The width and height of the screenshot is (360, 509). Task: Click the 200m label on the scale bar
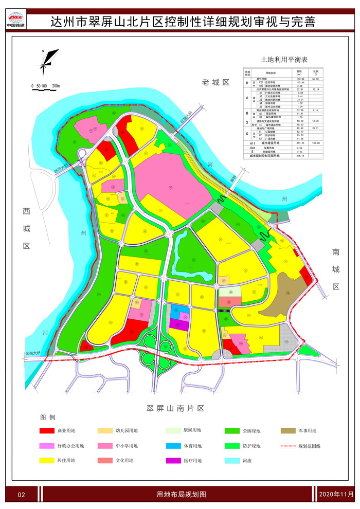[x=55, y=86]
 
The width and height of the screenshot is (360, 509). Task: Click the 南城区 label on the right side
[x=336, y=268]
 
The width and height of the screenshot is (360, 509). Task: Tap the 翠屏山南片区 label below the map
[x=175, y=408]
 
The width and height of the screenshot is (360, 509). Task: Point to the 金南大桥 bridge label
[x=35, y=354]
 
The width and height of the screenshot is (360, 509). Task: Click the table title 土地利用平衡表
[x=284, y=60]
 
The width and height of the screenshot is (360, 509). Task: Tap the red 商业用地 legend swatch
[x=49, y=431]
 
